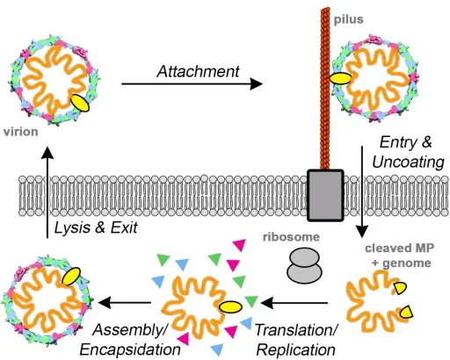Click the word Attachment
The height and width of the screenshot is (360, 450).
198,71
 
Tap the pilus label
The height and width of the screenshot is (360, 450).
349,19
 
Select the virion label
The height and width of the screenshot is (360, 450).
21,132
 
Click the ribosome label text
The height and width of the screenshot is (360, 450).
291,237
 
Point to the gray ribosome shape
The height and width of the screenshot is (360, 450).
305,265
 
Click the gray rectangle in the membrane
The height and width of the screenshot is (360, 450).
325,195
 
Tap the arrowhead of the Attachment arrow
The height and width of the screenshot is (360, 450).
257,84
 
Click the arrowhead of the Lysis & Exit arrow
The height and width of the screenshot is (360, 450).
47,153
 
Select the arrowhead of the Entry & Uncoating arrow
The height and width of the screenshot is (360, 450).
362,231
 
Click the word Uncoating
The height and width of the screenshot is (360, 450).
408,162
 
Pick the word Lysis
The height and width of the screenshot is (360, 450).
72,227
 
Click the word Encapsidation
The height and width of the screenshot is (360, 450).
130,349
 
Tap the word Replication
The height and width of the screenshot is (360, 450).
296,350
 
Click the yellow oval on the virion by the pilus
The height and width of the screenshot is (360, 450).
341,79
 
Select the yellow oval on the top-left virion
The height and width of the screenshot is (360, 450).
80,103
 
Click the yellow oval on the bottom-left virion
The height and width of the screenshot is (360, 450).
71,276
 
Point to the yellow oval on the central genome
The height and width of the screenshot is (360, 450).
230,307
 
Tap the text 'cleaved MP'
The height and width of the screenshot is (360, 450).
399,248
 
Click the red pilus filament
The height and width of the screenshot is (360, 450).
325,89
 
